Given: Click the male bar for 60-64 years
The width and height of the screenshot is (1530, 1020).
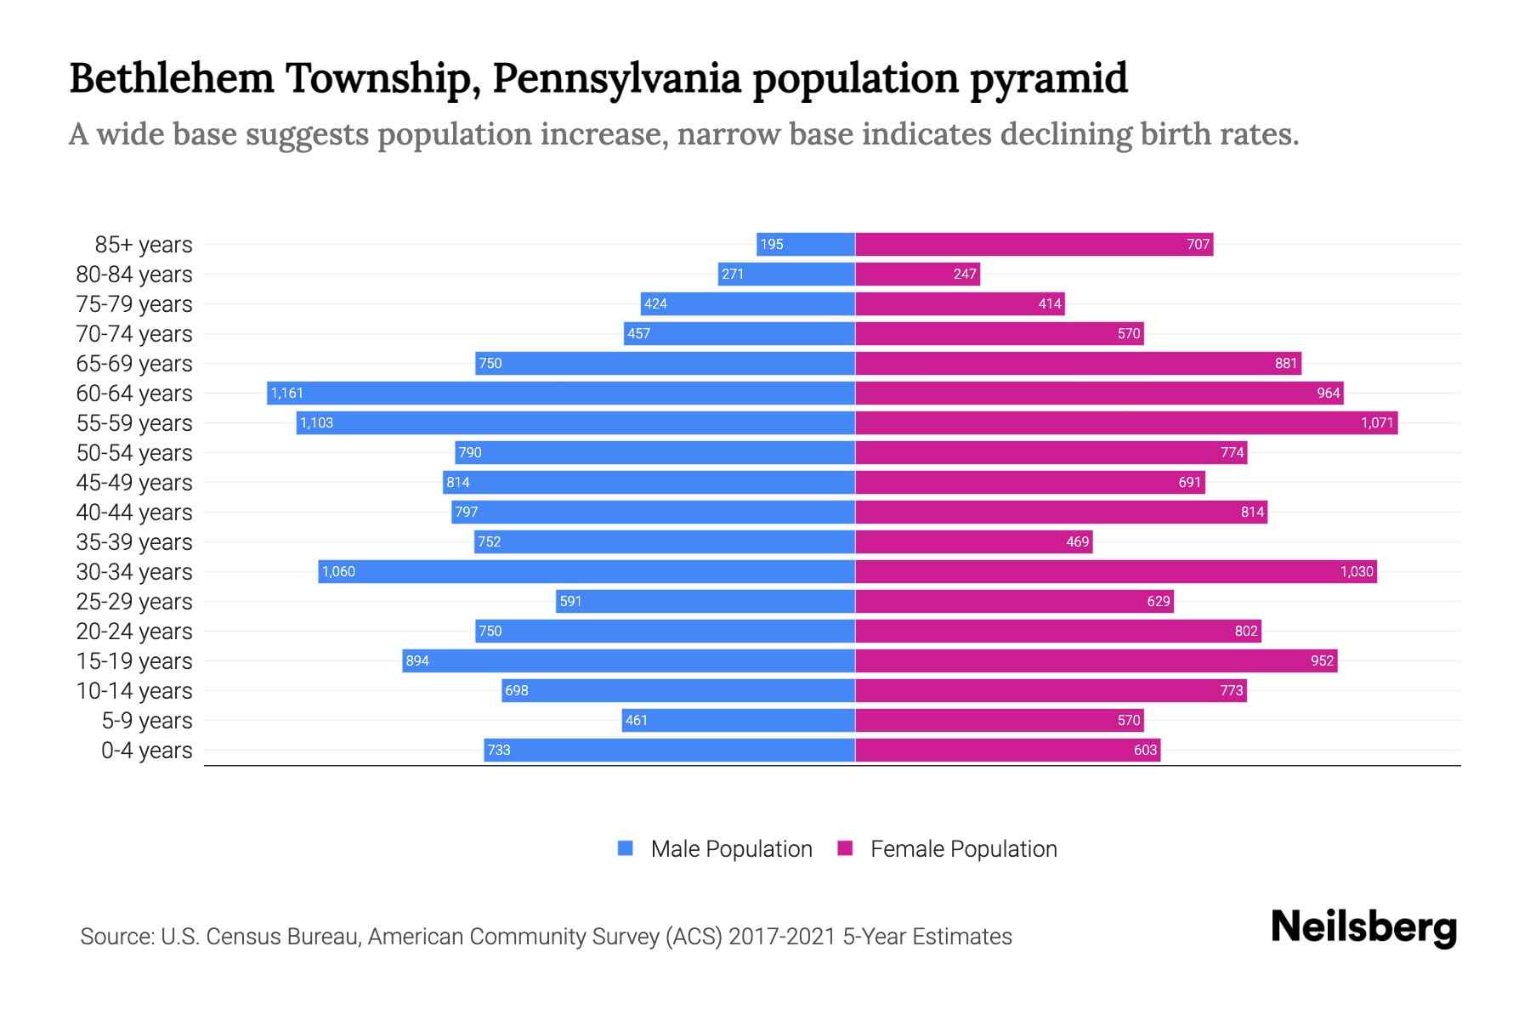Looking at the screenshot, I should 561,393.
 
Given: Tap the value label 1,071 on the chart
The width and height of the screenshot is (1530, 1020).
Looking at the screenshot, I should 1377,422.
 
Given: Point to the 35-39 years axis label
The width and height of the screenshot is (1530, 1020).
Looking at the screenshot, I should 134,541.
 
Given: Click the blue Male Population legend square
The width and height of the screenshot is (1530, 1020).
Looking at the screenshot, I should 626,848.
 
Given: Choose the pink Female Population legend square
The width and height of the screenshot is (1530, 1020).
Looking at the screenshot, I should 845,848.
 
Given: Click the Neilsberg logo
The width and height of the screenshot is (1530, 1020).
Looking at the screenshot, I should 1363,927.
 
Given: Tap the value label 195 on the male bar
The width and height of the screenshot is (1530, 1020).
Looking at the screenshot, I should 772,244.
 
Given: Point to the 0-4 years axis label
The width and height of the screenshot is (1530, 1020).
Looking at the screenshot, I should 146,750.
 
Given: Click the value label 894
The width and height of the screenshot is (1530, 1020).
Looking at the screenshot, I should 417,660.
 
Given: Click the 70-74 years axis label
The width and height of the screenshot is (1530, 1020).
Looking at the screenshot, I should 134,333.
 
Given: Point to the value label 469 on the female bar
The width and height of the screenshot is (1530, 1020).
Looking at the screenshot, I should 1077,541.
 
